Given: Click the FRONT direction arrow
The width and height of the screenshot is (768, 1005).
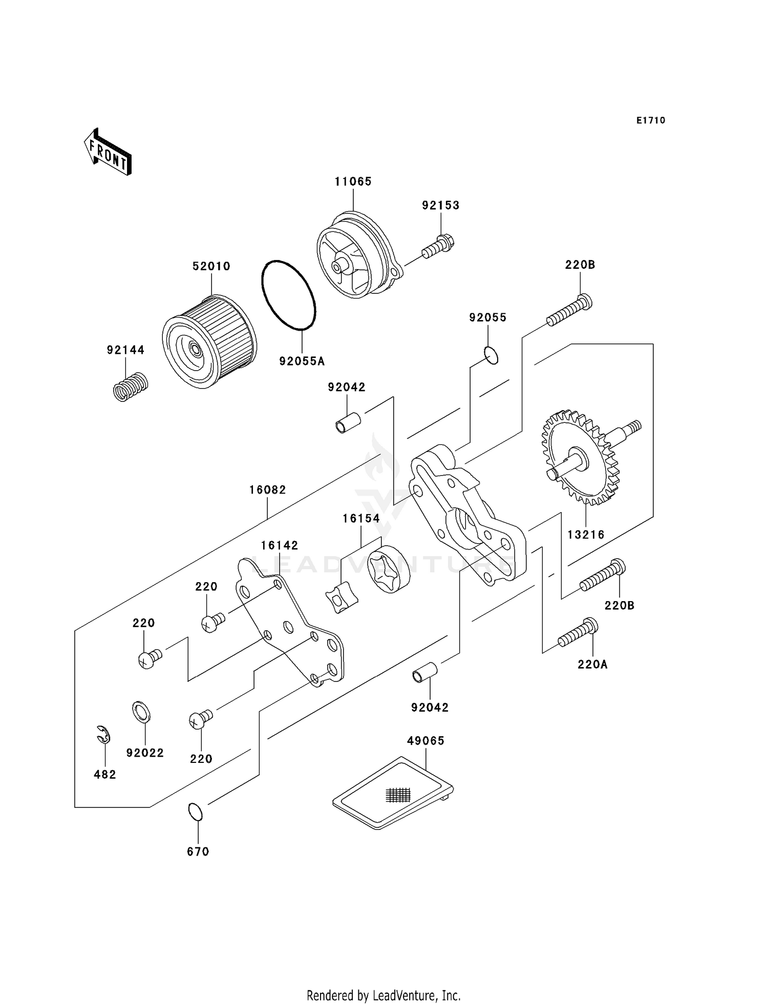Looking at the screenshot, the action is coord(108,152).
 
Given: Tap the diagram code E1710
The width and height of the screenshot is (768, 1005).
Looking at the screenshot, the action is coord(651,120).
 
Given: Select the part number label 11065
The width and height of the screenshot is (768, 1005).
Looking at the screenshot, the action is coord(353,181).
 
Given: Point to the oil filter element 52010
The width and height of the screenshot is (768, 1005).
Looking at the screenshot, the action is coord(209,341).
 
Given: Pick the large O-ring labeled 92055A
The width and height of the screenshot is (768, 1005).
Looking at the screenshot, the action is coord(288,295).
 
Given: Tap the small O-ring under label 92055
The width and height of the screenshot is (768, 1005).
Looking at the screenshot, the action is coord(490,355).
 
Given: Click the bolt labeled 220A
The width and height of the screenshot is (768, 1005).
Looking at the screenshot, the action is coord(578,633).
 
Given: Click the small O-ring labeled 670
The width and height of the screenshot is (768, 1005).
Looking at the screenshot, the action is coord(195,812).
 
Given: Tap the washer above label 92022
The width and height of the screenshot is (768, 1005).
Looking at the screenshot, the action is coord(141,712).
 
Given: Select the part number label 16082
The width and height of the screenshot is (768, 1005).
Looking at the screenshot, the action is coord(268,490).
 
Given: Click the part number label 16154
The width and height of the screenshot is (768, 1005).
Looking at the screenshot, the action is coord(361,518).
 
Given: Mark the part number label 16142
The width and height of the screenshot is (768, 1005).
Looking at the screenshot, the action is coord(280,545).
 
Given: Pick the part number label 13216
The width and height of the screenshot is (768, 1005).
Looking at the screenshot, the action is coord(586,534).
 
